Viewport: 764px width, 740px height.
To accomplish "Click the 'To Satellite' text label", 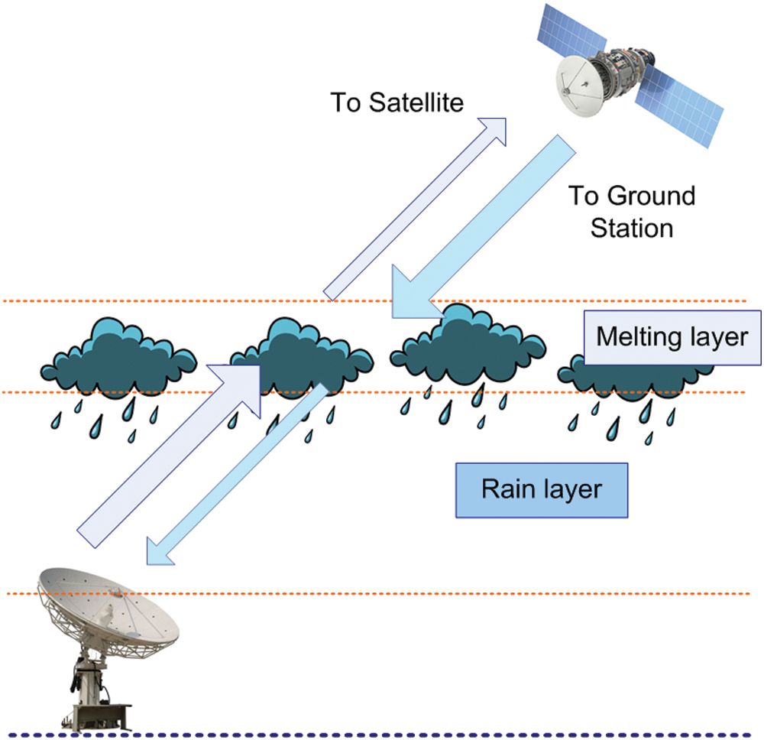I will [397, 102].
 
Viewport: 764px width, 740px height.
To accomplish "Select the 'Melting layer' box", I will [672, 337].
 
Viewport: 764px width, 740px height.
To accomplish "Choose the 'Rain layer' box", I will [541, 489].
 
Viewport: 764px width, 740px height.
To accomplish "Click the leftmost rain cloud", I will [118, 355].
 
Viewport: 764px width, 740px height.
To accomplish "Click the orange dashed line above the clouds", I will [191, 301].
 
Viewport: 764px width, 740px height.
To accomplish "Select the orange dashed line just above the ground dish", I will [458, 593].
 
